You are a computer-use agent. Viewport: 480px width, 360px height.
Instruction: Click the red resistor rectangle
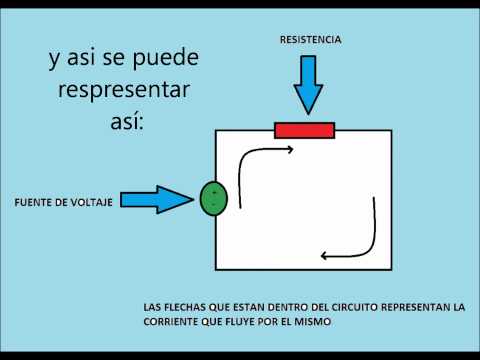(x=305, y=130)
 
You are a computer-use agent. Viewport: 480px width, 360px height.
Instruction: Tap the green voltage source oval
(x=214, y=198)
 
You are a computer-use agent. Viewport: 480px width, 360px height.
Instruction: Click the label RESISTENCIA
(x=311, y=40)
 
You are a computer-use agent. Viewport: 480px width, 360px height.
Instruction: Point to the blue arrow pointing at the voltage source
(x=163, y=201)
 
